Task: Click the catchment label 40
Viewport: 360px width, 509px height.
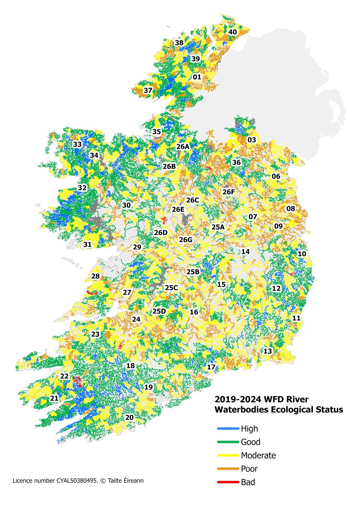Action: coord(233,32)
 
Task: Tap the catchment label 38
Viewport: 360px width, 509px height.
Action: coord(179,43)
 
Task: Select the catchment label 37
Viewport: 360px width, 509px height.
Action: coord(148,90)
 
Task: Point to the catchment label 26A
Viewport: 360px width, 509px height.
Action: coord(183,146)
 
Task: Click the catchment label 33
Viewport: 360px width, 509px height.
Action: coord(77,145)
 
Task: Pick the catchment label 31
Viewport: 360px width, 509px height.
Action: coord(87,245)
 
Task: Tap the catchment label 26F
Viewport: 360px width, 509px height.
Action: coord(229,192)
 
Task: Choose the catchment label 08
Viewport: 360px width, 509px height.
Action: coord(290,209)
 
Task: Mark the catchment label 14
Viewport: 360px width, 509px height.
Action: coord(245,252)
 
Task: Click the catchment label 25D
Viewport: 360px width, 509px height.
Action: coord(159,311)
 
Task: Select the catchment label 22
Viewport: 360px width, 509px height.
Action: coord(64,376)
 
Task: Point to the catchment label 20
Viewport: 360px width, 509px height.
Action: coord(129,417)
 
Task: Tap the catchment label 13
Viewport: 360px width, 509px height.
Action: coord(268,351)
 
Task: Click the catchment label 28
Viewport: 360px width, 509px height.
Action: coord(96,276)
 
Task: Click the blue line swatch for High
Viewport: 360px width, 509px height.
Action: coord(228,429)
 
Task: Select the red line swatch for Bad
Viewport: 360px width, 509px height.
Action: coord(228,482)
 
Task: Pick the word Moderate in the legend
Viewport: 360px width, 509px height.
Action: coord(258,456)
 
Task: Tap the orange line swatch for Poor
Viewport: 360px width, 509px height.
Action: coord(228,469)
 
